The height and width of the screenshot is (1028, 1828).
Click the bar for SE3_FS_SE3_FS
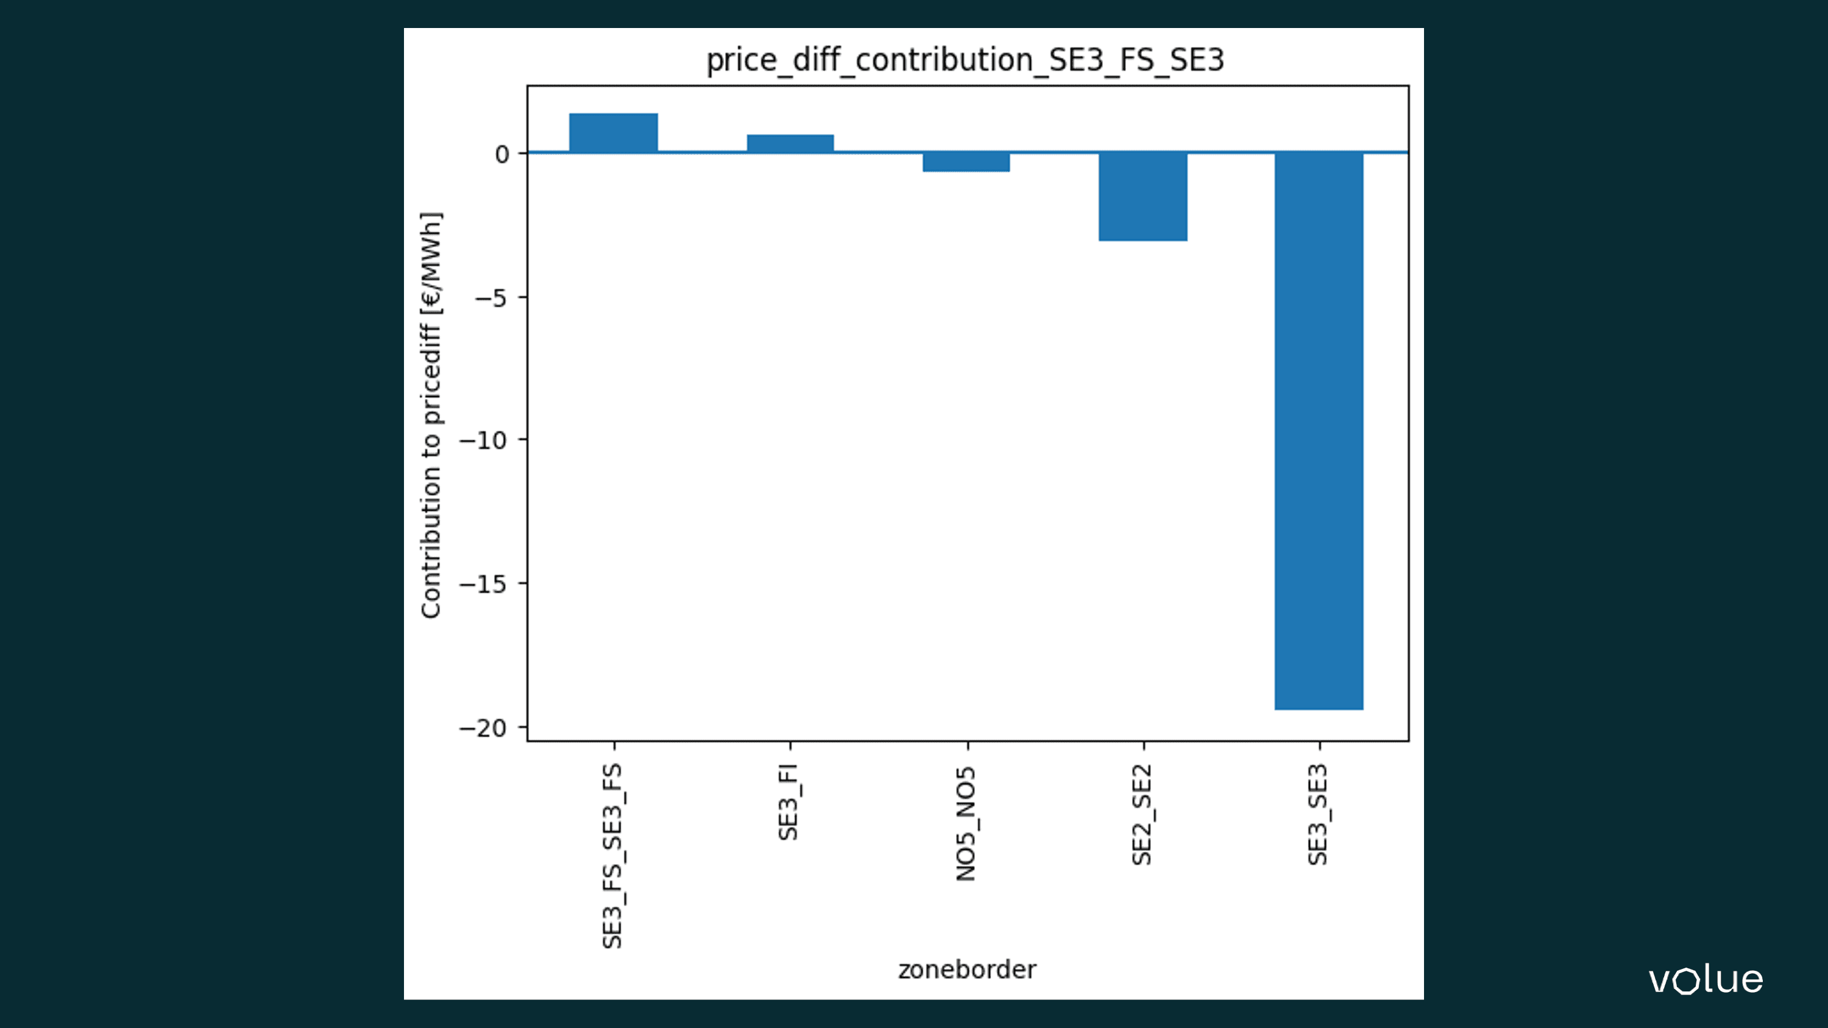[x=613, y=133]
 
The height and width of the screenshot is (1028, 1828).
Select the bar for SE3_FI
[x=790, y=143]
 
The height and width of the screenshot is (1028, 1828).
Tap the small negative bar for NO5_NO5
[x=966, y=163]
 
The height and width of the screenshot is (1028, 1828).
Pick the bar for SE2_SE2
[x=1142, y=197]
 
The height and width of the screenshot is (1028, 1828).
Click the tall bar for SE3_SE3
[x=1319, y=431]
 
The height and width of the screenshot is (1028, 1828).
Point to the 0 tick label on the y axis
[x=501, y=154]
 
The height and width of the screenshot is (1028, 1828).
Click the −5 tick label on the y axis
[x=491, y=298]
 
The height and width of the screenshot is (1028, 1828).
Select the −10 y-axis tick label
[x=483, y=440]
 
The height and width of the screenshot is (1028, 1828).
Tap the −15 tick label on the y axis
[x=483, y=585]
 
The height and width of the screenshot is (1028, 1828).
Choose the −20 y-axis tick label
[x=483, y=728]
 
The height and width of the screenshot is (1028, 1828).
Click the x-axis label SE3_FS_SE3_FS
[x=612, y=856]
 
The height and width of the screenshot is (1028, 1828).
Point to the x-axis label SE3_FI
[x=789, y=801]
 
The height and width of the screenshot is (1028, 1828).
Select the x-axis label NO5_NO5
[x=966, y=823]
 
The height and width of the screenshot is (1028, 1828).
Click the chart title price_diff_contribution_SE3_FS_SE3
[x=965, y=60]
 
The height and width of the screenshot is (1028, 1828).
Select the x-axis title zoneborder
[x=966, y=970]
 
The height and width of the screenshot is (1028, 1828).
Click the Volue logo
[x=1706, y=980]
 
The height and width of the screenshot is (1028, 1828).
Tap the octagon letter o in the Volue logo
[x=1687, y=982]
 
